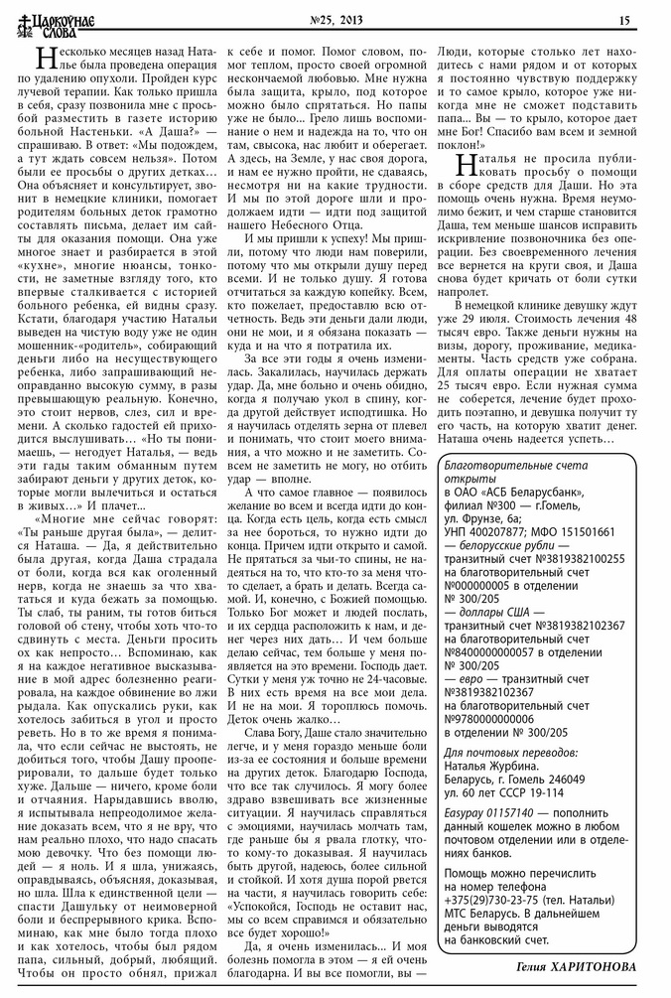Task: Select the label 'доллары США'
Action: click(x=492, y=611)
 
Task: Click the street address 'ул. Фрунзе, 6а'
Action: click(x=486, y=517)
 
